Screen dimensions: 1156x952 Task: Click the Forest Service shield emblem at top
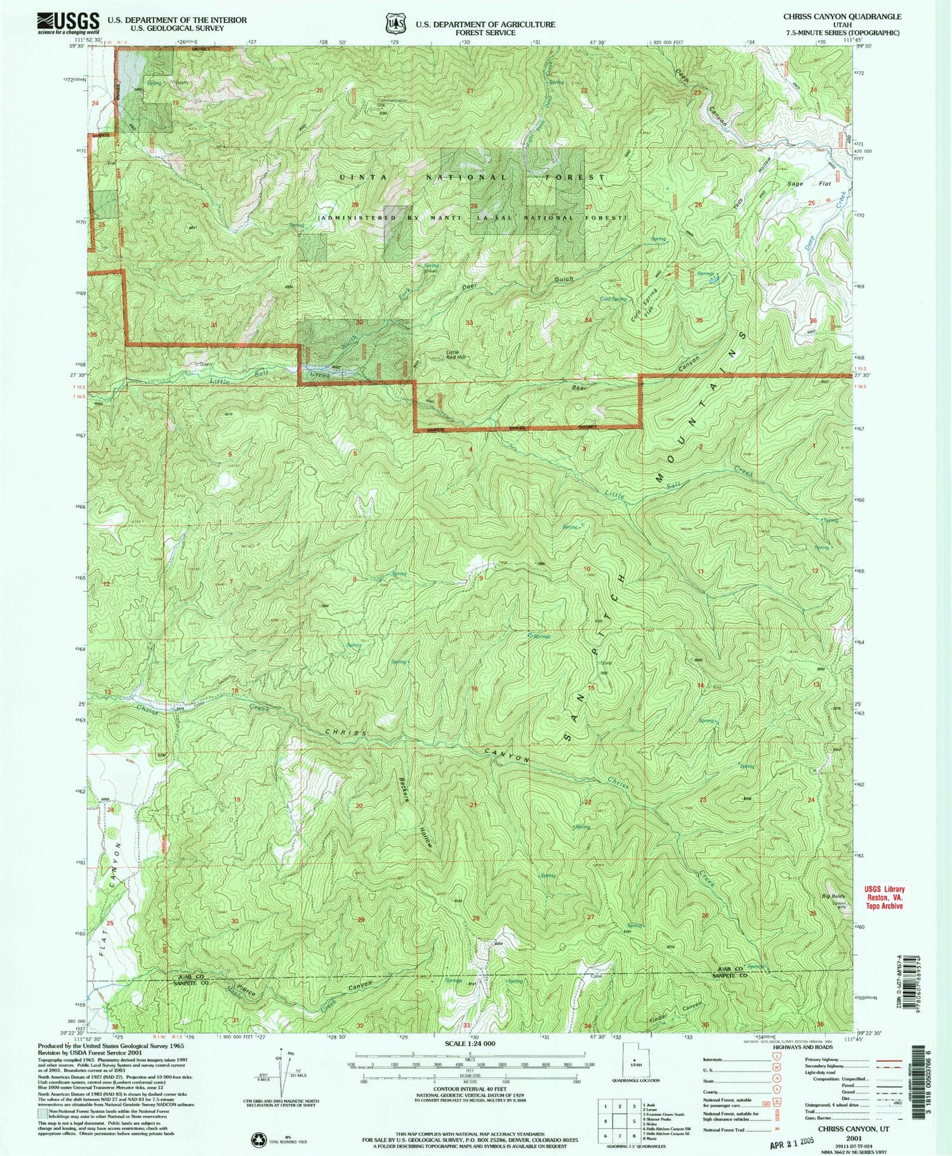coord(396,23)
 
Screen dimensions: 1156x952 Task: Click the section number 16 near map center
coord(473,688)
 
